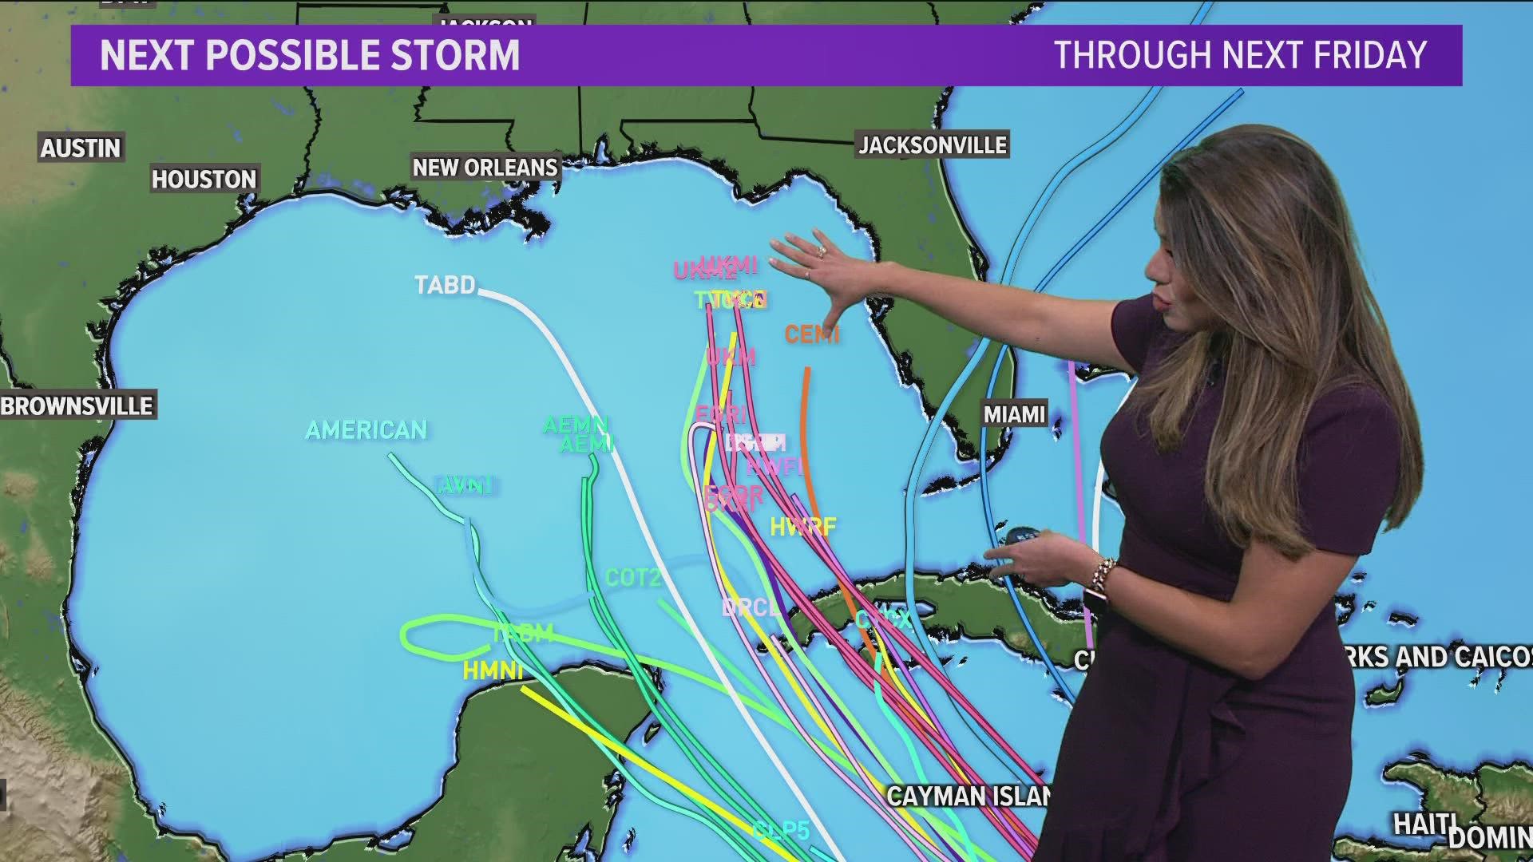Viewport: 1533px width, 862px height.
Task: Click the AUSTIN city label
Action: point(81,148)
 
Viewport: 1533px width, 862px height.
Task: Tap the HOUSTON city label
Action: point(204,180)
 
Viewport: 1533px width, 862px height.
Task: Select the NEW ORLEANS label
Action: point(485,168)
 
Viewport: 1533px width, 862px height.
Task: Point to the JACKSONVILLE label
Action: point(933,145)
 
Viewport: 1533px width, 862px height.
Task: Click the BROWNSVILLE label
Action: point(77,405)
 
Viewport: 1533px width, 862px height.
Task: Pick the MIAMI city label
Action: point(1014,414)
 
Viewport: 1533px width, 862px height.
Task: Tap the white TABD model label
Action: point(445,285)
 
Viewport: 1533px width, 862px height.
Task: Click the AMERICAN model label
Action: point(366,430)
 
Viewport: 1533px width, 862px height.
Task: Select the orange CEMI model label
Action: point(811,334)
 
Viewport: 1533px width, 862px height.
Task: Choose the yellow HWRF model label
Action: point(802,527)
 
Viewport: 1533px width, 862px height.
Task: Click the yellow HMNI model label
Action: point(493,671)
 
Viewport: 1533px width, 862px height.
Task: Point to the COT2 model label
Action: point(632,577)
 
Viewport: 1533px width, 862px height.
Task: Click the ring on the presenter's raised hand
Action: point(821,251)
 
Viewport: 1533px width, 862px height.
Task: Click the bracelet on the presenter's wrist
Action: point(1104,573)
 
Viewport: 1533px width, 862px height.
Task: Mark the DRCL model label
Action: point(750,608)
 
